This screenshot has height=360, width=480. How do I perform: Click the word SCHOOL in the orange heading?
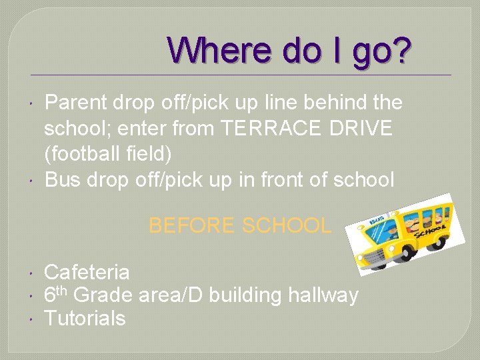pyautogui.click(x=287, y=225)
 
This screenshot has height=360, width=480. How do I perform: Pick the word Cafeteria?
pyautogui.click(x=87, y=272)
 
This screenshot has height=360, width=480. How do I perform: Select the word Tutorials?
pyautogui.click(x=85, y=319)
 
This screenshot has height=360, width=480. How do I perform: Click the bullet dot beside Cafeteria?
pyautogui.click(x=33, y=272)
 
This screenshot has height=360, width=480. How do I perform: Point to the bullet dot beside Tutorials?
pyautogui.click(x=33, y=319)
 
